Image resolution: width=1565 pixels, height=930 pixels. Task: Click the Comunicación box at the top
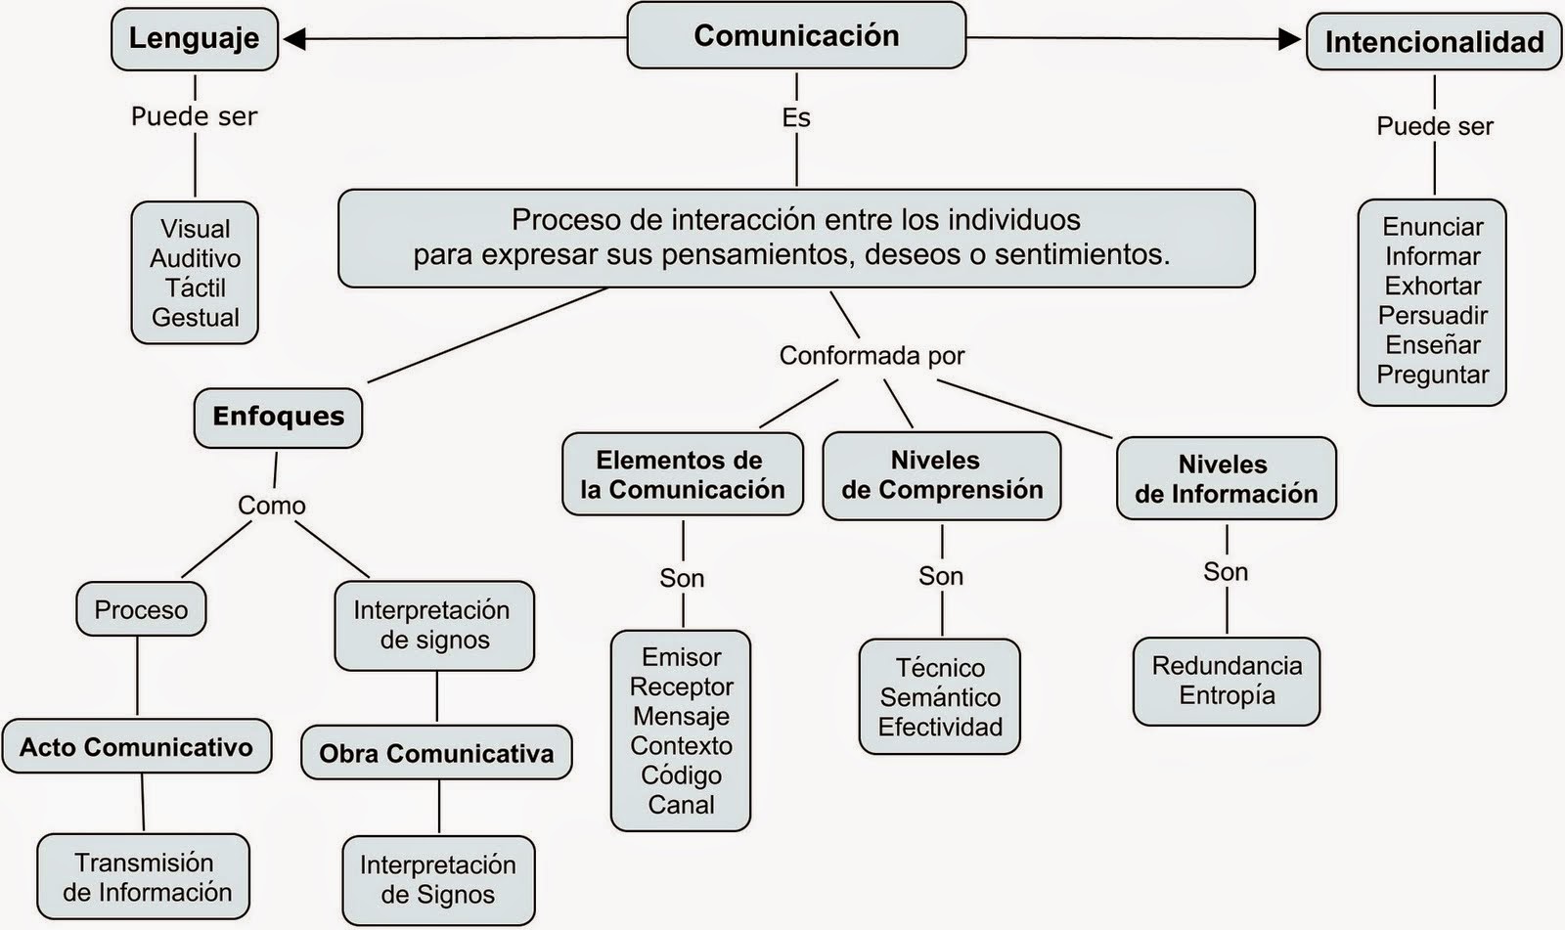796,36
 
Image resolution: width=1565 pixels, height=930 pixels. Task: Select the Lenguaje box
194,39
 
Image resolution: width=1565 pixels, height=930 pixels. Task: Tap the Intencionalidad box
1434,42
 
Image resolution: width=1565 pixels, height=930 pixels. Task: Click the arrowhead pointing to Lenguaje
294,38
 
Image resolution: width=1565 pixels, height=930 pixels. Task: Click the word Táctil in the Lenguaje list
195,288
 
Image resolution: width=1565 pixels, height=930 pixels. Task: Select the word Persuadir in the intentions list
1432,315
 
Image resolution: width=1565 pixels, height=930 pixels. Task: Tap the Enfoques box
278,417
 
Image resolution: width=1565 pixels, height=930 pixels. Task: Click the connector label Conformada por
872,355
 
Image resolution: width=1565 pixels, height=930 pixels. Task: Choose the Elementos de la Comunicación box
682,474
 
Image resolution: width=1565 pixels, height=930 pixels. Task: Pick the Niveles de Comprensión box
941,475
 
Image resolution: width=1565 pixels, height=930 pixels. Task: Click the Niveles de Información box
1226,478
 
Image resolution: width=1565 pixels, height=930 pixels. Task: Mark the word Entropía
1227,695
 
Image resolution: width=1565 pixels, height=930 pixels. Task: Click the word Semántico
940,697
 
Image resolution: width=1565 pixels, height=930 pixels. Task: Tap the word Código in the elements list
681,775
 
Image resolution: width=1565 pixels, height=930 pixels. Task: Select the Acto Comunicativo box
136,747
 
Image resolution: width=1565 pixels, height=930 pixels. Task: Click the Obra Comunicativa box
436,753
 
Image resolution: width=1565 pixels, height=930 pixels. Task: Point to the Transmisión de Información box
144,876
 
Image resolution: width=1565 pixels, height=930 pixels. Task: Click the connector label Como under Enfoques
272,505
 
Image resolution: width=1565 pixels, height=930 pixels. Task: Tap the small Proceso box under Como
141,609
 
